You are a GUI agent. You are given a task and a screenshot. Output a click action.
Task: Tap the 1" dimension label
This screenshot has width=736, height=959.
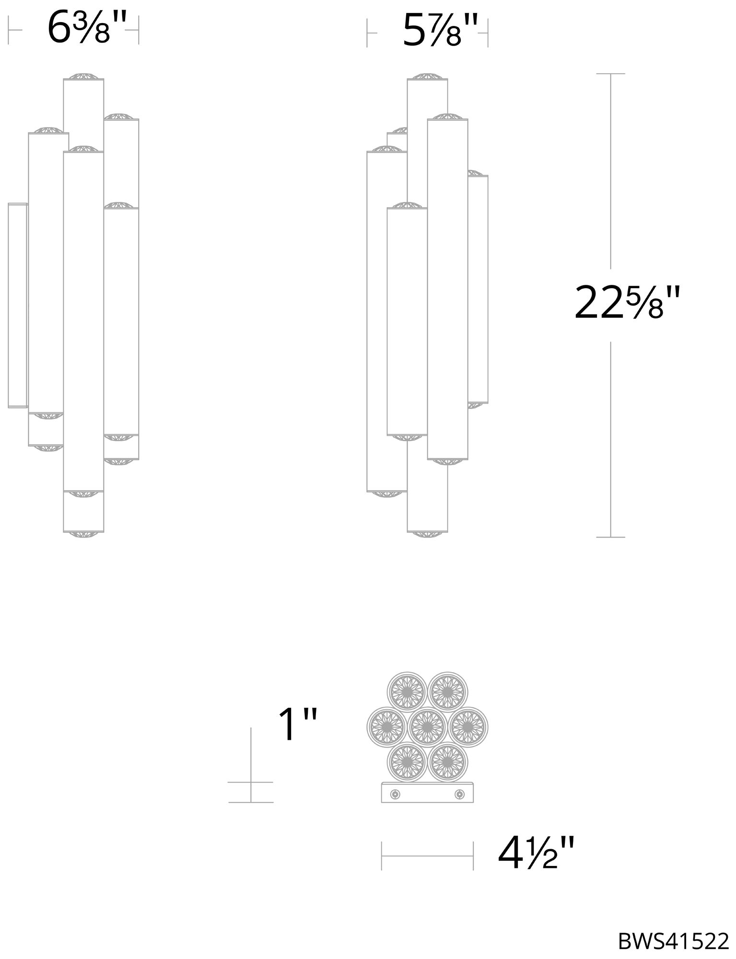point(297,725)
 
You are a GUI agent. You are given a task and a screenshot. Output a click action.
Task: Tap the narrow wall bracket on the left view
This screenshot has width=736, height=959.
point(18,305)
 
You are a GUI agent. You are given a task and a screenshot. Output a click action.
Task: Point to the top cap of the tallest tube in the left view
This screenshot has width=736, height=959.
point(84,77)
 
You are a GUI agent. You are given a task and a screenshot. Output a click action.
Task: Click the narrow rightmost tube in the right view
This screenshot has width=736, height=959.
point(478,290)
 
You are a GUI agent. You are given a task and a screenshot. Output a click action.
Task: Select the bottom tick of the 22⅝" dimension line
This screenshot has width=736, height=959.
point(610,537)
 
